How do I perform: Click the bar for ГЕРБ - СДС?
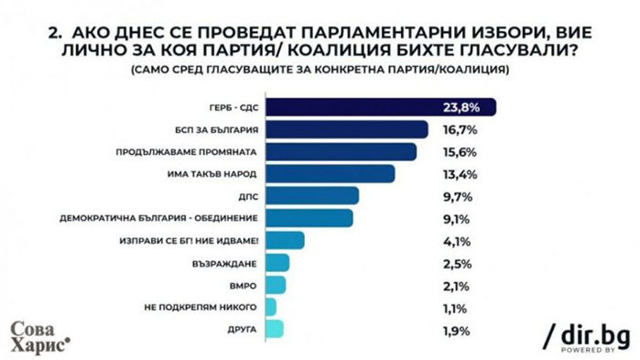(384, 107)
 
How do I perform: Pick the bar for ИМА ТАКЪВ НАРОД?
(333, 173)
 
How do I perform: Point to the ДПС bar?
(315, 196)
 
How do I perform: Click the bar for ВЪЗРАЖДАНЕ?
(280, 263)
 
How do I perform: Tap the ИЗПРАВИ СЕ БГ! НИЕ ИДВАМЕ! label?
(198, 241)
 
